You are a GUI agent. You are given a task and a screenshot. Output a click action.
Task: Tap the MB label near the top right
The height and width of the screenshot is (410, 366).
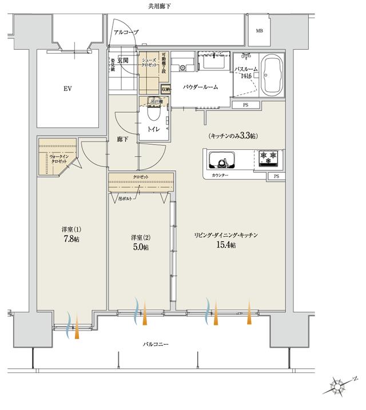coord(259,31)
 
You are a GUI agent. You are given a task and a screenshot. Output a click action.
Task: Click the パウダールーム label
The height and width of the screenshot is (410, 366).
coord(200,86)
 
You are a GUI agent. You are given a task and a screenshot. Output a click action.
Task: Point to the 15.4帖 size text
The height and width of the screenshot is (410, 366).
coord(226,245)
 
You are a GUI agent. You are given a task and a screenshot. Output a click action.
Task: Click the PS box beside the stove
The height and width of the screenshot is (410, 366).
coord(276,176)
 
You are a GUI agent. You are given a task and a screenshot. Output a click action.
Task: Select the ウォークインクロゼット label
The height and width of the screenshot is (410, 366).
coord(58,159)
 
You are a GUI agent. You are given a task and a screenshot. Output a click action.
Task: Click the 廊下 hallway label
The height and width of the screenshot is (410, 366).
coord(122,139)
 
